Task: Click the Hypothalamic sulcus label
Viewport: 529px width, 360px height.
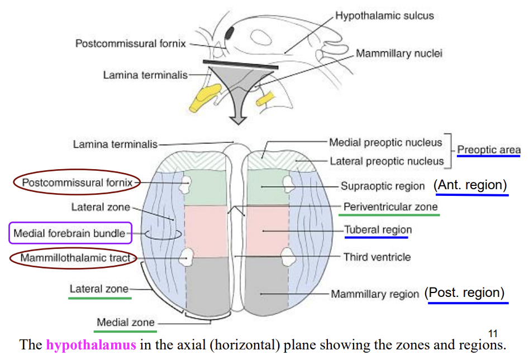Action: (384, 15)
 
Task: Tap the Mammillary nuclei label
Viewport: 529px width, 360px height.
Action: (399, 54)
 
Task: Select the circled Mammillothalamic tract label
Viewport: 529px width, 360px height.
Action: (75, 258)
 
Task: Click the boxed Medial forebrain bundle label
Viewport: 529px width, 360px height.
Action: (69, 233)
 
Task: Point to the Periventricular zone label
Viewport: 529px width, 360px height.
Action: (390, 207)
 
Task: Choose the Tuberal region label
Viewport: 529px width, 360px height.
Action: (378, 229)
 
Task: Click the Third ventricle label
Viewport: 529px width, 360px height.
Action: (377, 257)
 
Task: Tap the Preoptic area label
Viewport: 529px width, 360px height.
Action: (489, 150)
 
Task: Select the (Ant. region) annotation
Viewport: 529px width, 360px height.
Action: (470, 185)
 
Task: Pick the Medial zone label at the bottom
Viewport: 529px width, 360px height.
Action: (126, 322)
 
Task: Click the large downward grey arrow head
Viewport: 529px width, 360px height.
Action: (236, 118)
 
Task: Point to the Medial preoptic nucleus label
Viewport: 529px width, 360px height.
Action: (385, 142)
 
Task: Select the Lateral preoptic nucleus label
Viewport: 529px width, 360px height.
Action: (387, 161)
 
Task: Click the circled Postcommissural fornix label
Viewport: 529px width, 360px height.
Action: (77, 182)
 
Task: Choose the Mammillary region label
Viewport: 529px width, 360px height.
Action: (375, 294)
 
